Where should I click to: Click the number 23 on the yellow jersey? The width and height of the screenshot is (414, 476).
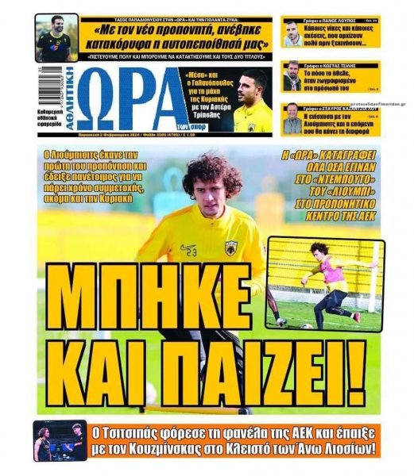coord(191,252)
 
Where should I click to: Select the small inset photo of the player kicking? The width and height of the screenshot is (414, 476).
coord(325,283)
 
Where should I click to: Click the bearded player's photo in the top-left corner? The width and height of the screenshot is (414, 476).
coord(56,37)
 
